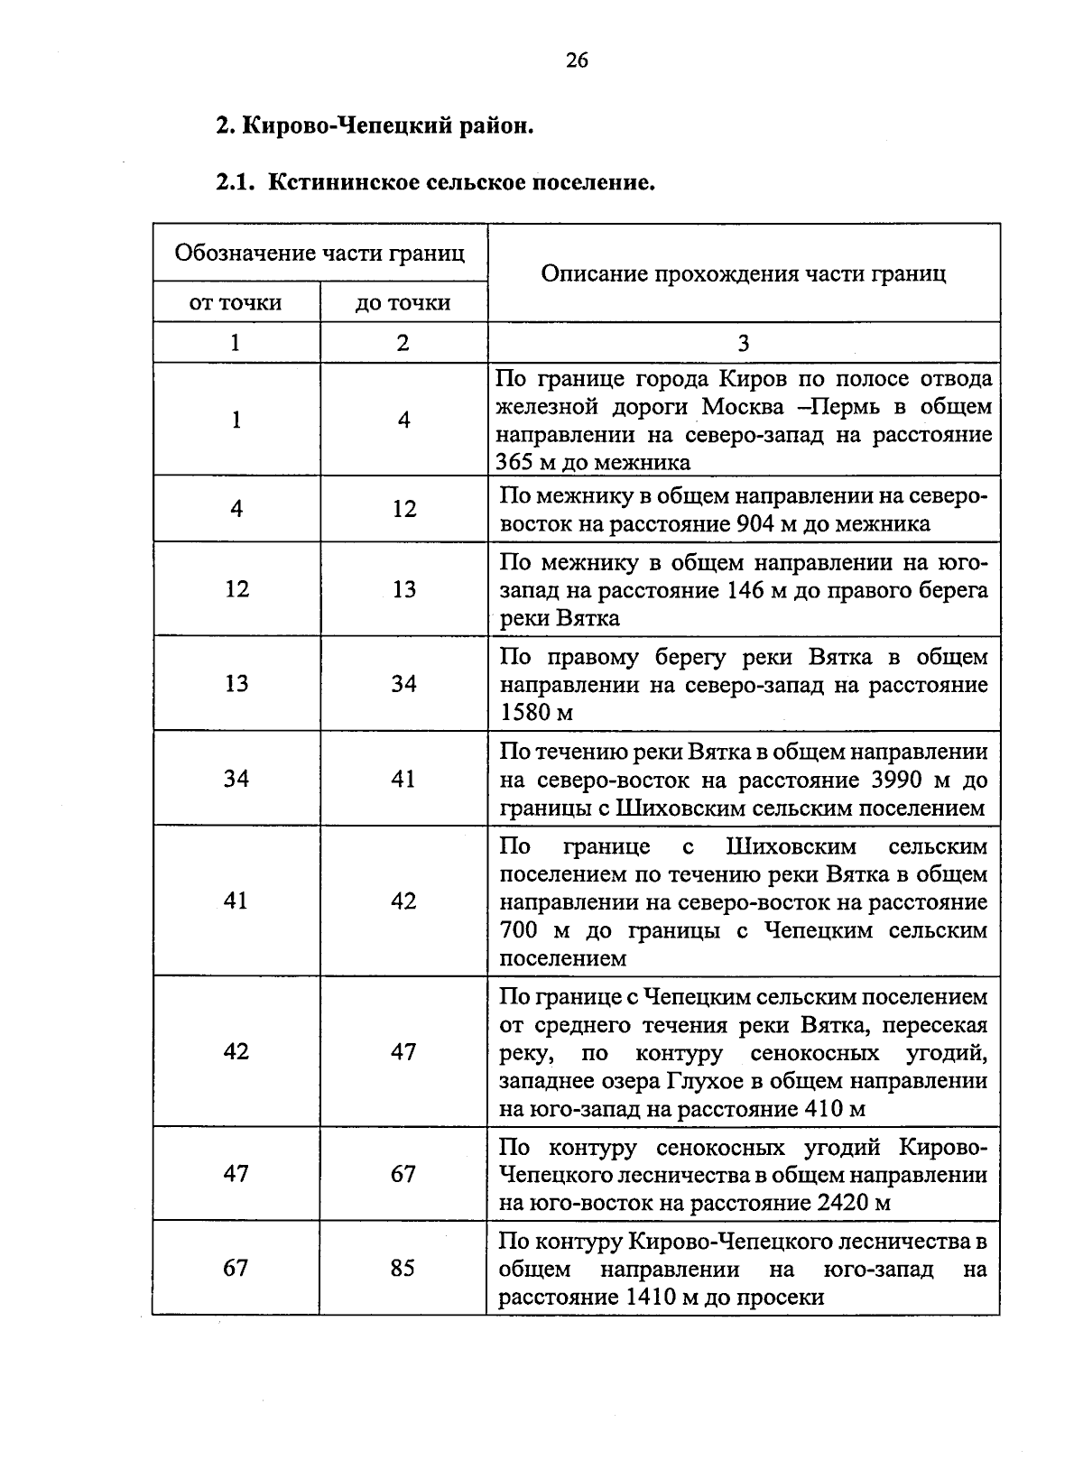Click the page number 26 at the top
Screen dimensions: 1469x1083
[577, 60]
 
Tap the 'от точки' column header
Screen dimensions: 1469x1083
[236, 302]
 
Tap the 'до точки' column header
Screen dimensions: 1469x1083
[403, 302]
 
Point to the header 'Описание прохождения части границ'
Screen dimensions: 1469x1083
[743, 273]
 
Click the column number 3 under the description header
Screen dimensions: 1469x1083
[743, 343]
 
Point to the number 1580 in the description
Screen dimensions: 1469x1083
[526, 713]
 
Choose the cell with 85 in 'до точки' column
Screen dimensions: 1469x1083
[403, 1268]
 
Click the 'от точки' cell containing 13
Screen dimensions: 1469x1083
[236, 684]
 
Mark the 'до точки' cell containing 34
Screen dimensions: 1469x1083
[403, 684]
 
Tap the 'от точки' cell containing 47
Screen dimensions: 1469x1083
[236, 1173]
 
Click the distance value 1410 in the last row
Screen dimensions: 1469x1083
[649, 1298]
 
